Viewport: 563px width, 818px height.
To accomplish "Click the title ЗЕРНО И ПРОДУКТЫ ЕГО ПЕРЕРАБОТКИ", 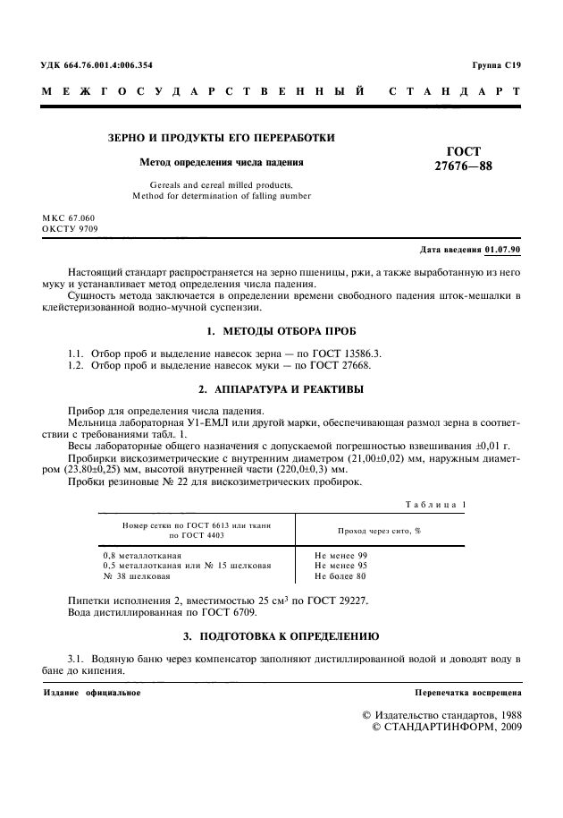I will pyautogui.click(x=222, y=138).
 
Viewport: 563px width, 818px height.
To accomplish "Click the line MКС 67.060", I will pyautogui.click(x=68, y=218).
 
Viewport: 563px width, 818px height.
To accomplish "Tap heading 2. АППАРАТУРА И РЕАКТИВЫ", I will pyautogui.click(x=281, y=388).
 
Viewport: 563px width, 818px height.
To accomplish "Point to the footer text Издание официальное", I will pyautogui.click(x=93, y=694).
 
